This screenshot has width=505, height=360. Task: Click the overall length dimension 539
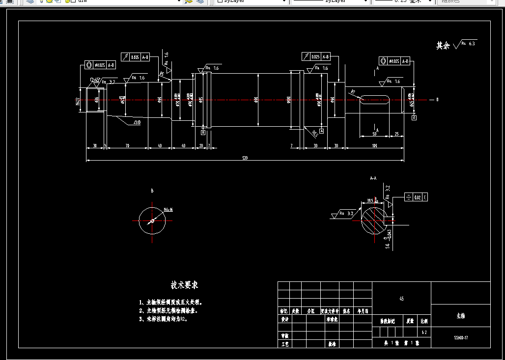[245, 158]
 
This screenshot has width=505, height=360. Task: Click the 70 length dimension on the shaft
[127, 146]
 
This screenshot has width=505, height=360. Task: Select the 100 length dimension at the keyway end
[374, 146]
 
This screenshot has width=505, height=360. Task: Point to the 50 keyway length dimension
[374, 134]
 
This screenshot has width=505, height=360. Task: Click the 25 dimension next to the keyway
[396, 134]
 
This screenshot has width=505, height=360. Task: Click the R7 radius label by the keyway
[352, 91]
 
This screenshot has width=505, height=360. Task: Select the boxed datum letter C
[414, 118]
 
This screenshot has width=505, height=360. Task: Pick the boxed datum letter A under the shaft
[322, 131]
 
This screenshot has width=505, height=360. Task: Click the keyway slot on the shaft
[376, 100]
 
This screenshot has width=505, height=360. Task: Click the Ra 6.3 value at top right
[472, 44]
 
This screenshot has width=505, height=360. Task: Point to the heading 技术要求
[184, 285]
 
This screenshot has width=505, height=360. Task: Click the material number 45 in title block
[401, 299]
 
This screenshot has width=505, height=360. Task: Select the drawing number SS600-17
[460, 338]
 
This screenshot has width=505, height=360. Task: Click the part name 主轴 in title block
[460, 316]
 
